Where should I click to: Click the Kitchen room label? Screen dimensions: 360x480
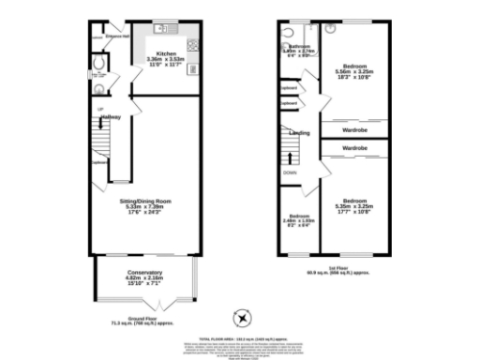click(166, 54)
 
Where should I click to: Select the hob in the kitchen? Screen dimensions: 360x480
click(192, 46)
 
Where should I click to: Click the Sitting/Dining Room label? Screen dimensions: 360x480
click(147, 202)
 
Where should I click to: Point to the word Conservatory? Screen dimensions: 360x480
click(144, 273)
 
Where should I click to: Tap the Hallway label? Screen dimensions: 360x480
click(111, 116)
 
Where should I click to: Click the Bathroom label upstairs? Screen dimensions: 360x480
click(299, 46)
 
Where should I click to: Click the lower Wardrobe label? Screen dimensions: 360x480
click(353, 148)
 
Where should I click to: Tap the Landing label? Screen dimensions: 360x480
click(300, 133)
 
